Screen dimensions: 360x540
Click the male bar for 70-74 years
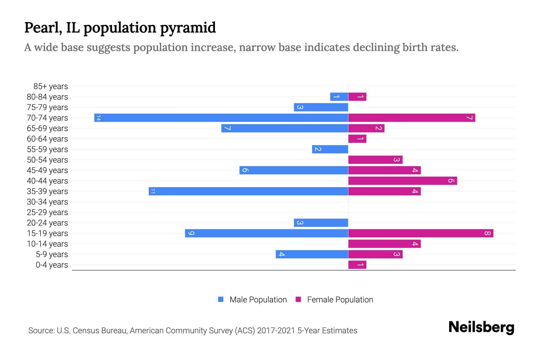pos(221,118)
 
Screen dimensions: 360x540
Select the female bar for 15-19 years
pos(421,233)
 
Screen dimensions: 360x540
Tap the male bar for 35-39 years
pos(248,191)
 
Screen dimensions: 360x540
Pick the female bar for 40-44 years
pos(402,181)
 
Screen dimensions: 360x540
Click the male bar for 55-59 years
pos(330,149)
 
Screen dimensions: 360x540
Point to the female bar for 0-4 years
pos(357,265)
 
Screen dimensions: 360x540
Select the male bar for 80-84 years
pos(339,97)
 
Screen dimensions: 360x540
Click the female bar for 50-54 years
pos(375,160)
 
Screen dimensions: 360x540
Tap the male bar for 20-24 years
pos(321,223)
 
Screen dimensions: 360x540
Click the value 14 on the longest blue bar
pos(98,118)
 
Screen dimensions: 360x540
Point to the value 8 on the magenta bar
pos(487,233)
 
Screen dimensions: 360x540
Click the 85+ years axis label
pos(50,86)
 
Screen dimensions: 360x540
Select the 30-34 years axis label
pos(47,202)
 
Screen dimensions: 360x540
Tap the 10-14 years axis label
pos(47,244)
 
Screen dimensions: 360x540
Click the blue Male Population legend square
pos(221,299)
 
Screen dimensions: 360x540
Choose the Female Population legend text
pos(340,299)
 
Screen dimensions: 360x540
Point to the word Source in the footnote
pos(41,331)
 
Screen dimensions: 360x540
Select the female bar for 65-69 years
pos(366,128)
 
